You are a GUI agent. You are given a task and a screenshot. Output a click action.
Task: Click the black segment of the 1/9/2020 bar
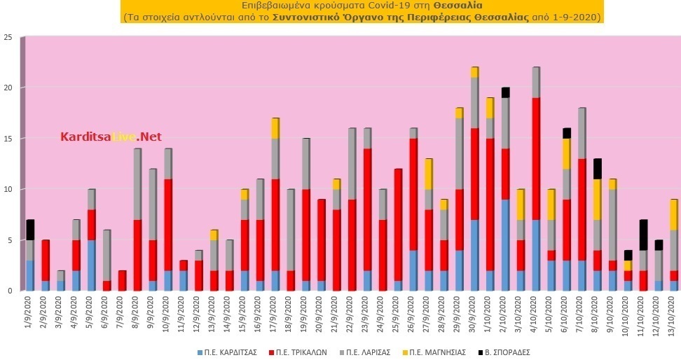tap(29, 230)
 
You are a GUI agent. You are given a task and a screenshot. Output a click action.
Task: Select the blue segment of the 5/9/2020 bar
tap(92, 265)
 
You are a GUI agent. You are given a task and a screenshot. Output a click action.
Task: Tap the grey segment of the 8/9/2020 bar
tap(138, 184)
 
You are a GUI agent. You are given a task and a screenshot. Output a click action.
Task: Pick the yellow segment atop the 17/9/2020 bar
tap(275, 128)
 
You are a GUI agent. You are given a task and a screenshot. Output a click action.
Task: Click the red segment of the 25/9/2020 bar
tap(398, 225)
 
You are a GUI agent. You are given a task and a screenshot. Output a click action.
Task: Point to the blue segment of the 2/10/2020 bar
tap(505, 245)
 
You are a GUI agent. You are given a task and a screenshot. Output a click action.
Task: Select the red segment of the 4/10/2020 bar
tap(535, 159)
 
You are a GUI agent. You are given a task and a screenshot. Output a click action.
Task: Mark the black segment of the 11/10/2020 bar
tap(642, 235)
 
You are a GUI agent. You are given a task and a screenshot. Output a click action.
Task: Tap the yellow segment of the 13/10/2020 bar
tap(673, 214)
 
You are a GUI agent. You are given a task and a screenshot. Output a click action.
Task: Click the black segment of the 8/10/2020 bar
tap(597, 169)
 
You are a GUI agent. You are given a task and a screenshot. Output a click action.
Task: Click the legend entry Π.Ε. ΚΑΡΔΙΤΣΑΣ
tap(227, 352)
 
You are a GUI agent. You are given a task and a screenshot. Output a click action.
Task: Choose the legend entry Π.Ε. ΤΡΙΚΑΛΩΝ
tap(298, 352)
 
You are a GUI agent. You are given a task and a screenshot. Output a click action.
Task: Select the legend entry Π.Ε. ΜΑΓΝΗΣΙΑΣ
tap(434, 352)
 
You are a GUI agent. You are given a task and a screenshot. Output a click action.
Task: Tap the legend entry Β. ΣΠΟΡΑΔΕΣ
tap(504, 352)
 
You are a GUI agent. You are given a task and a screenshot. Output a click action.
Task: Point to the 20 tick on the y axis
tap(8, 88)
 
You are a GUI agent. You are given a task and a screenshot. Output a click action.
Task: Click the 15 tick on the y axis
tap(8, 138)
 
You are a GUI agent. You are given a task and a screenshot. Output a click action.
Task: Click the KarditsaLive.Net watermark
tap(111, 137)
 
